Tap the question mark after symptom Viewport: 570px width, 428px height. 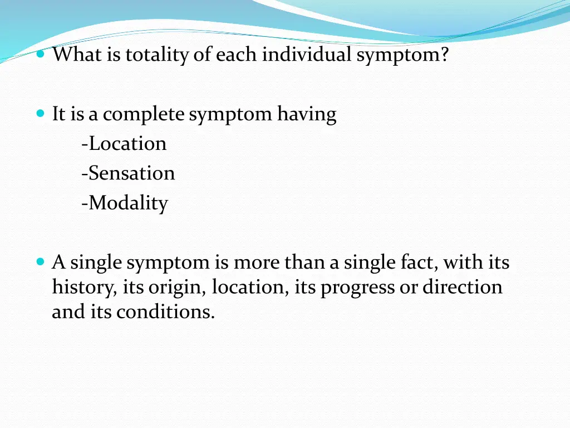coord(444,55)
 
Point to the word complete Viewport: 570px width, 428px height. coord(144,114)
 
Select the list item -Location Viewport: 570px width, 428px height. coord(124,144)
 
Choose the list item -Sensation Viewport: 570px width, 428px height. coord(128,173)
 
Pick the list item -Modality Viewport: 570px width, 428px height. coord(124,203)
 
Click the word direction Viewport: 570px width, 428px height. coord(462,288)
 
